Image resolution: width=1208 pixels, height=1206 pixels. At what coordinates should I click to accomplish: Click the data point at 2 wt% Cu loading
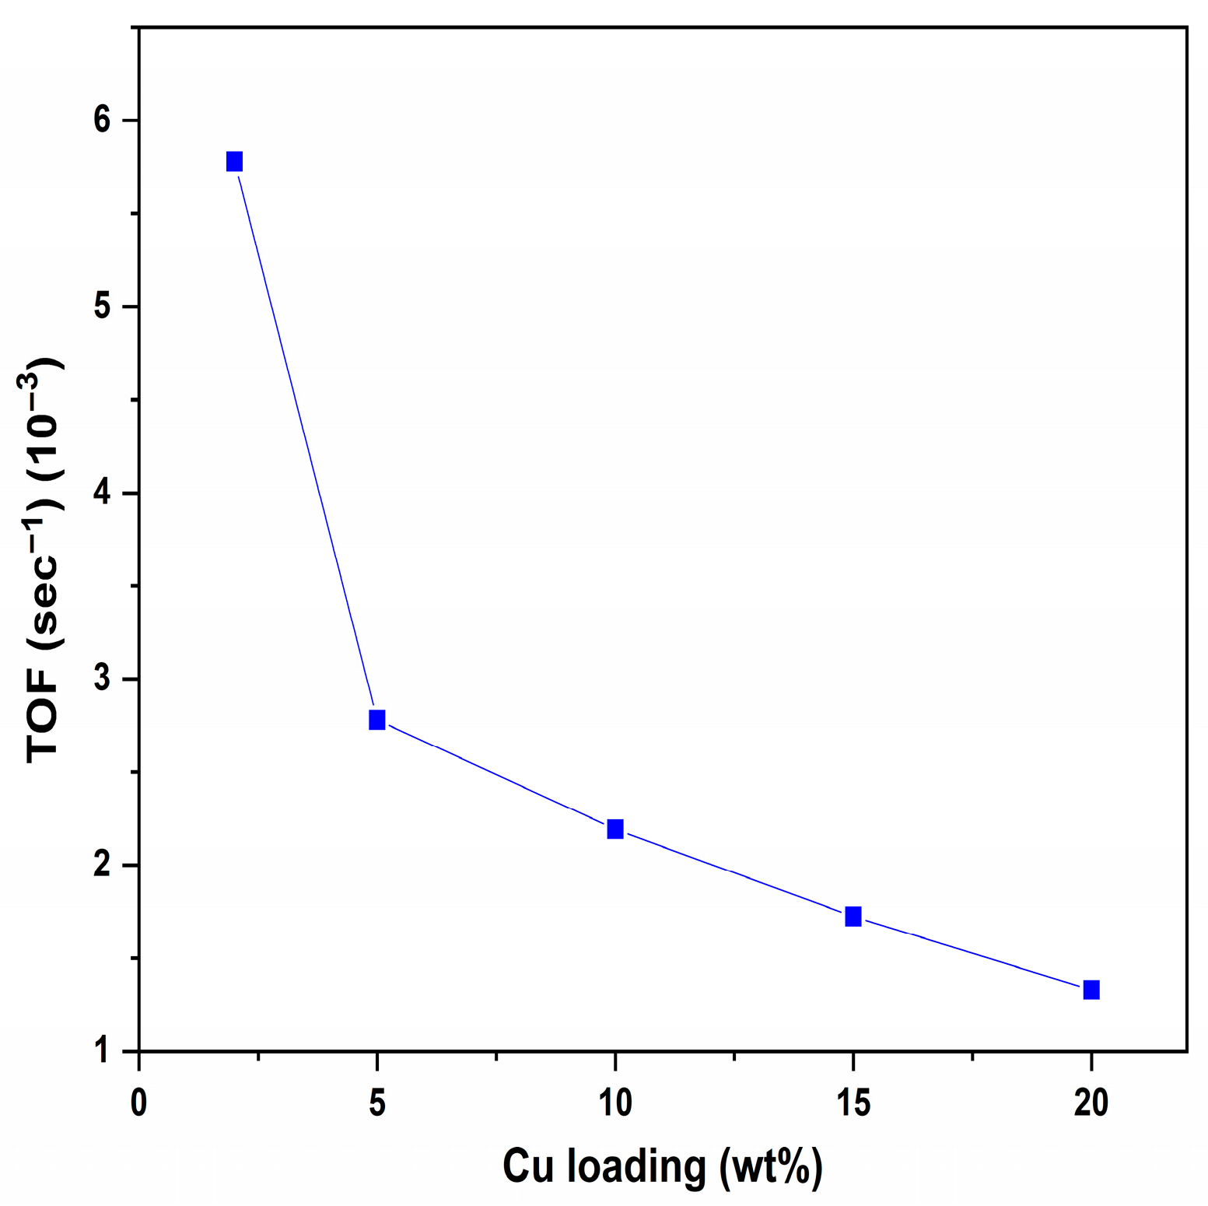point(234,161)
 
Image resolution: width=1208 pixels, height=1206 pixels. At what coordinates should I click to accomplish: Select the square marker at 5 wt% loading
point(377,720)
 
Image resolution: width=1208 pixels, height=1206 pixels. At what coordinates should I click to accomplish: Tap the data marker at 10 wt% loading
point(615,829)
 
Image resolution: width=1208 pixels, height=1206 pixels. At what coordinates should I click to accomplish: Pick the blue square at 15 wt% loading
point(853,916)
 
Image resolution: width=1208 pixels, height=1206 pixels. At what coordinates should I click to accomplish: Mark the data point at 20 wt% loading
point(1091,990)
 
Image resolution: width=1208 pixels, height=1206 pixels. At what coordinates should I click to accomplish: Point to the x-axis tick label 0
point(139,1103)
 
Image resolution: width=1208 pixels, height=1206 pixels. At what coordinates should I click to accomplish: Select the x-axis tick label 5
point(377,1103)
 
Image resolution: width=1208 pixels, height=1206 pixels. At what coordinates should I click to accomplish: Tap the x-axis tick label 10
point(615,1103)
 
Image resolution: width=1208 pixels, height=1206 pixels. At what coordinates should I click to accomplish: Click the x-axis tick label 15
point(853,1103)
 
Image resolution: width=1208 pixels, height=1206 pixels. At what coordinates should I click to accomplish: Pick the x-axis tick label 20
point(1091,1103)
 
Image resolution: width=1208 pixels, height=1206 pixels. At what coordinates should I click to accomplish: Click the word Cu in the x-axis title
point(527,1166)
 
